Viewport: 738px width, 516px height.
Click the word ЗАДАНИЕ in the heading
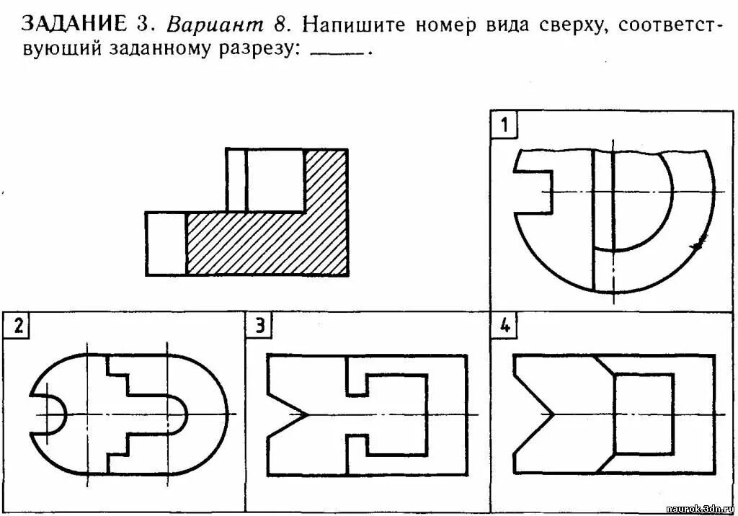pos(74,25)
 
